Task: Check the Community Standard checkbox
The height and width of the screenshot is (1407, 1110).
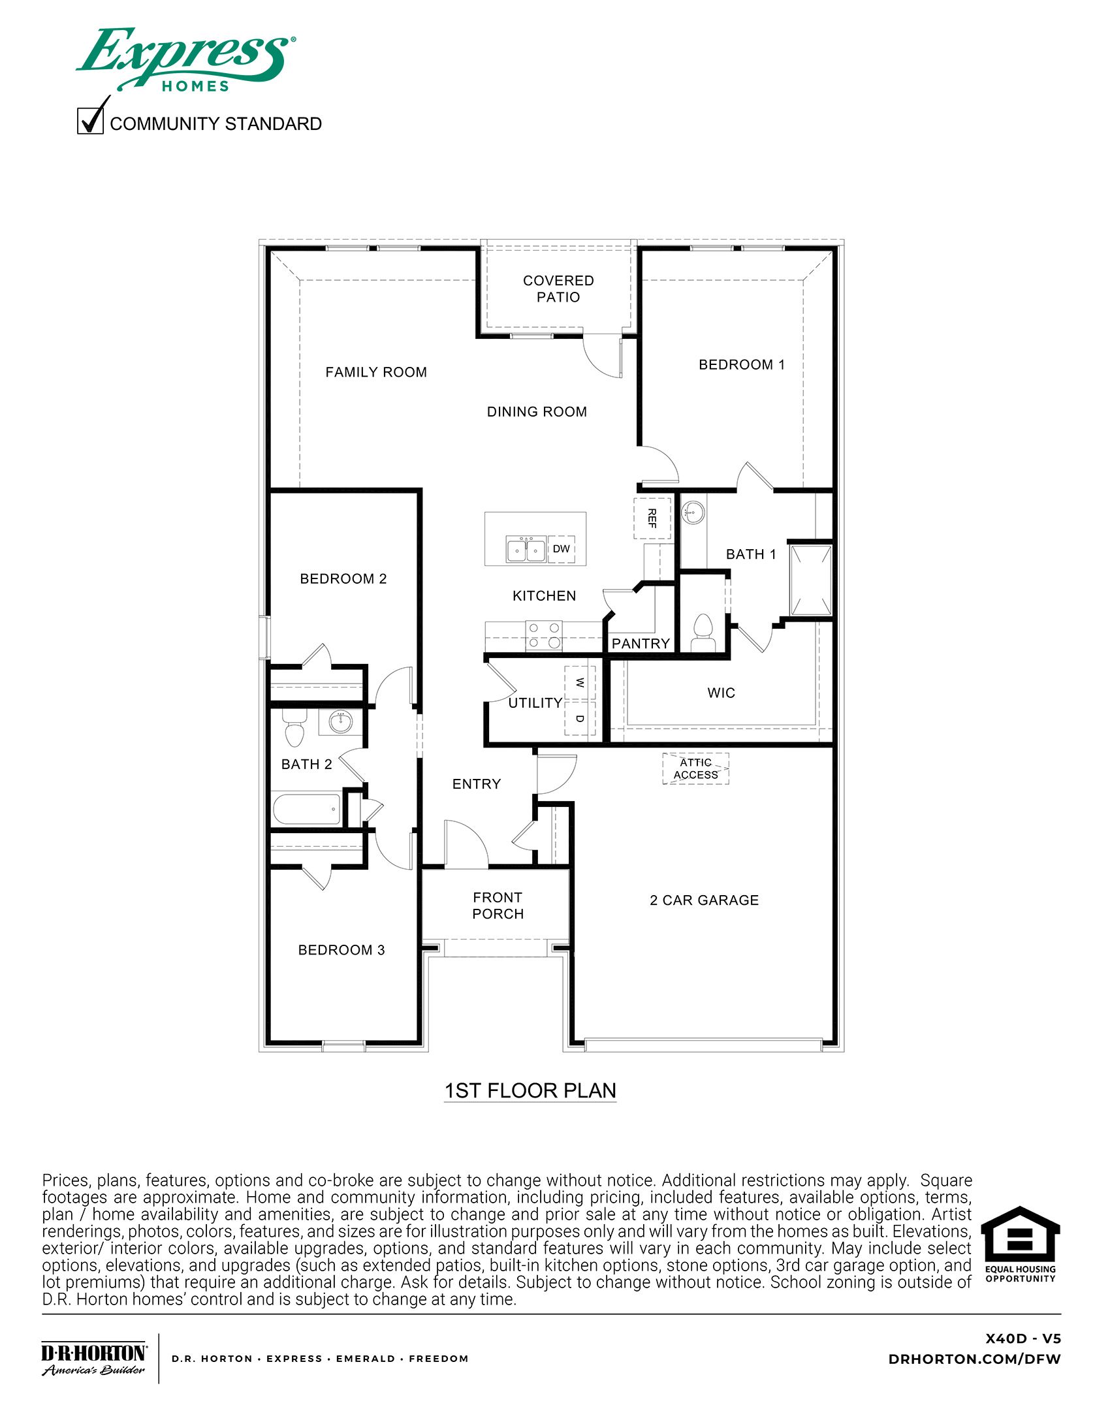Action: [90, 121]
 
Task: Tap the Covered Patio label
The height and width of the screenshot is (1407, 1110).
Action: [558, 289]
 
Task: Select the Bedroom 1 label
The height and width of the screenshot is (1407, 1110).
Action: [741, 364]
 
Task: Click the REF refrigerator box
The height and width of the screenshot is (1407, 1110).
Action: [652, 518]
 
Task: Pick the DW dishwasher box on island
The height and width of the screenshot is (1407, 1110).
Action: [561, 549]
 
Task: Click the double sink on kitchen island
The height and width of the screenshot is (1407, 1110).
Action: [526, 550]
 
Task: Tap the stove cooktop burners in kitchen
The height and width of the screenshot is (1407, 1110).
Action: [544, 635]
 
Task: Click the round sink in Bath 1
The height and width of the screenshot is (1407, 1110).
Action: [693, 512]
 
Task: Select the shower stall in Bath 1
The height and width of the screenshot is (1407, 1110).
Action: [810, 580]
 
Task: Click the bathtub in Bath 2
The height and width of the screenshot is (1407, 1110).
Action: [306, 809]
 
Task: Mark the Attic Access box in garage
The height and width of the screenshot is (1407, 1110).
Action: [695, 768]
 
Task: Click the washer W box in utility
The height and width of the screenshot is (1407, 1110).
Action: [580, 683]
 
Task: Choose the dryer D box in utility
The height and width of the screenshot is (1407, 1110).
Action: [580, 718]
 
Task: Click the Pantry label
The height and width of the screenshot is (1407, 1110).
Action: [641, 643]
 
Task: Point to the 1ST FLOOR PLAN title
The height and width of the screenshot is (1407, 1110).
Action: [530, 1091]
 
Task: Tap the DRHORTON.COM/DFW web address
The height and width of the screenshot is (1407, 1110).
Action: [974, 1359]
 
